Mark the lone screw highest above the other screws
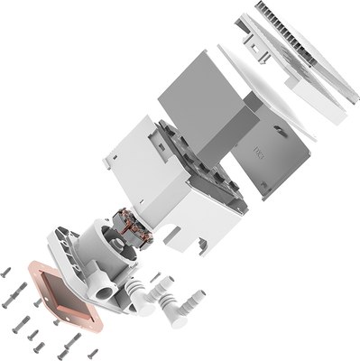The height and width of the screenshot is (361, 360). (x=7, y=270)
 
